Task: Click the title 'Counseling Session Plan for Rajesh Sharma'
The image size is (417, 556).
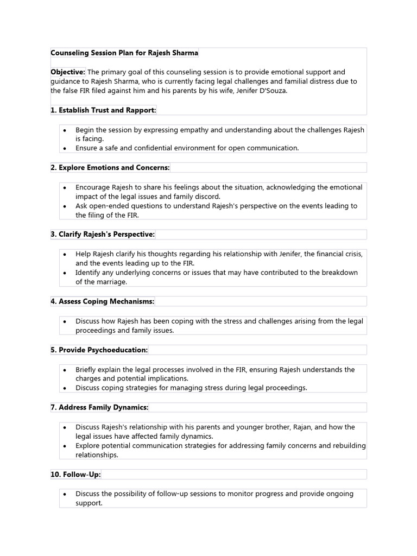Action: click(x=124, y=53)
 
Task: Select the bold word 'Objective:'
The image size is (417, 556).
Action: click(x=68, y=72)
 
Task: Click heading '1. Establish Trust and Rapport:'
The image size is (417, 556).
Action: click(x=103, y=110)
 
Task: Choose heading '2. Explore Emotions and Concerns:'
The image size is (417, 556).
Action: click(x=110, y=167)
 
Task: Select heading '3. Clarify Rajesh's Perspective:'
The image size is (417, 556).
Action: click(x=103, y=234)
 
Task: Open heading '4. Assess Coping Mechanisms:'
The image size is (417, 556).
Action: click(x=103, y=301)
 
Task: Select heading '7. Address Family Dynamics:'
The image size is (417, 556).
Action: click(x=99, y=407)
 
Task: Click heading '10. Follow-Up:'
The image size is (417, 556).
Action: click(x=75, y=475)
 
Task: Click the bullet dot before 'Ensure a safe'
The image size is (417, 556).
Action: click(x=65, y=148)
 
